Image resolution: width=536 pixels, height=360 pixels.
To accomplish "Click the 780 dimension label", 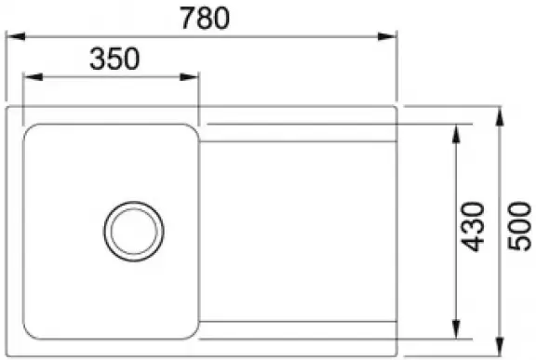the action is pyautogui.click(x=205, y=19).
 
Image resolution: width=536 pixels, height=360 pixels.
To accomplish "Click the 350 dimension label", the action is pyautogui.click(x=114, y=60).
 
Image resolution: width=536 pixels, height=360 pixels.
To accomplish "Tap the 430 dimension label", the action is pyautogui.click(x=473, y=227).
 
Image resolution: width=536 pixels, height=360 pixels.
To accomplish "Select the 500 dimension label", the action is pyautogui.click(x=519, y=227).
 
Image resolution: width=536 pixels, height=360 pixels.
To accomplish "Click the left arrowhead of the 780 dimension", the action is pyautogui.click(x=16, y=36).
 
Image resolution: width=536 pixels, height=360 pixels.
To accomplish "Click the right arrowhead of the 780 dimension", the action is pyautogui.click(x=386, y=36).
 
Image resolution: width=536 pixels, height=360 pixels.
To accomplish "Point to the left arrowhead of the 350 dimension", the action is pyautogui.click(x=33, y=77).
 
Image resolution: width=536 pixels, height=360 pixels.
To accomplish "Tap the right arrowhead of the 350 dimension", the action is pyautogui.click(x=189, y=77).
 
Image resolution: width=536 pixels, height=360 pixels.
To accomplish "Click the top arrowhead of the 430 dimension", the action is pyautogui.click(x=456, y=134).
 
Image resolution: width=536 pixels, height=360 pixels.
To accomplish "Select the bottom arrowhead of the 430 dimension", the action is pyautogui.click(x=456, y=329).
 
